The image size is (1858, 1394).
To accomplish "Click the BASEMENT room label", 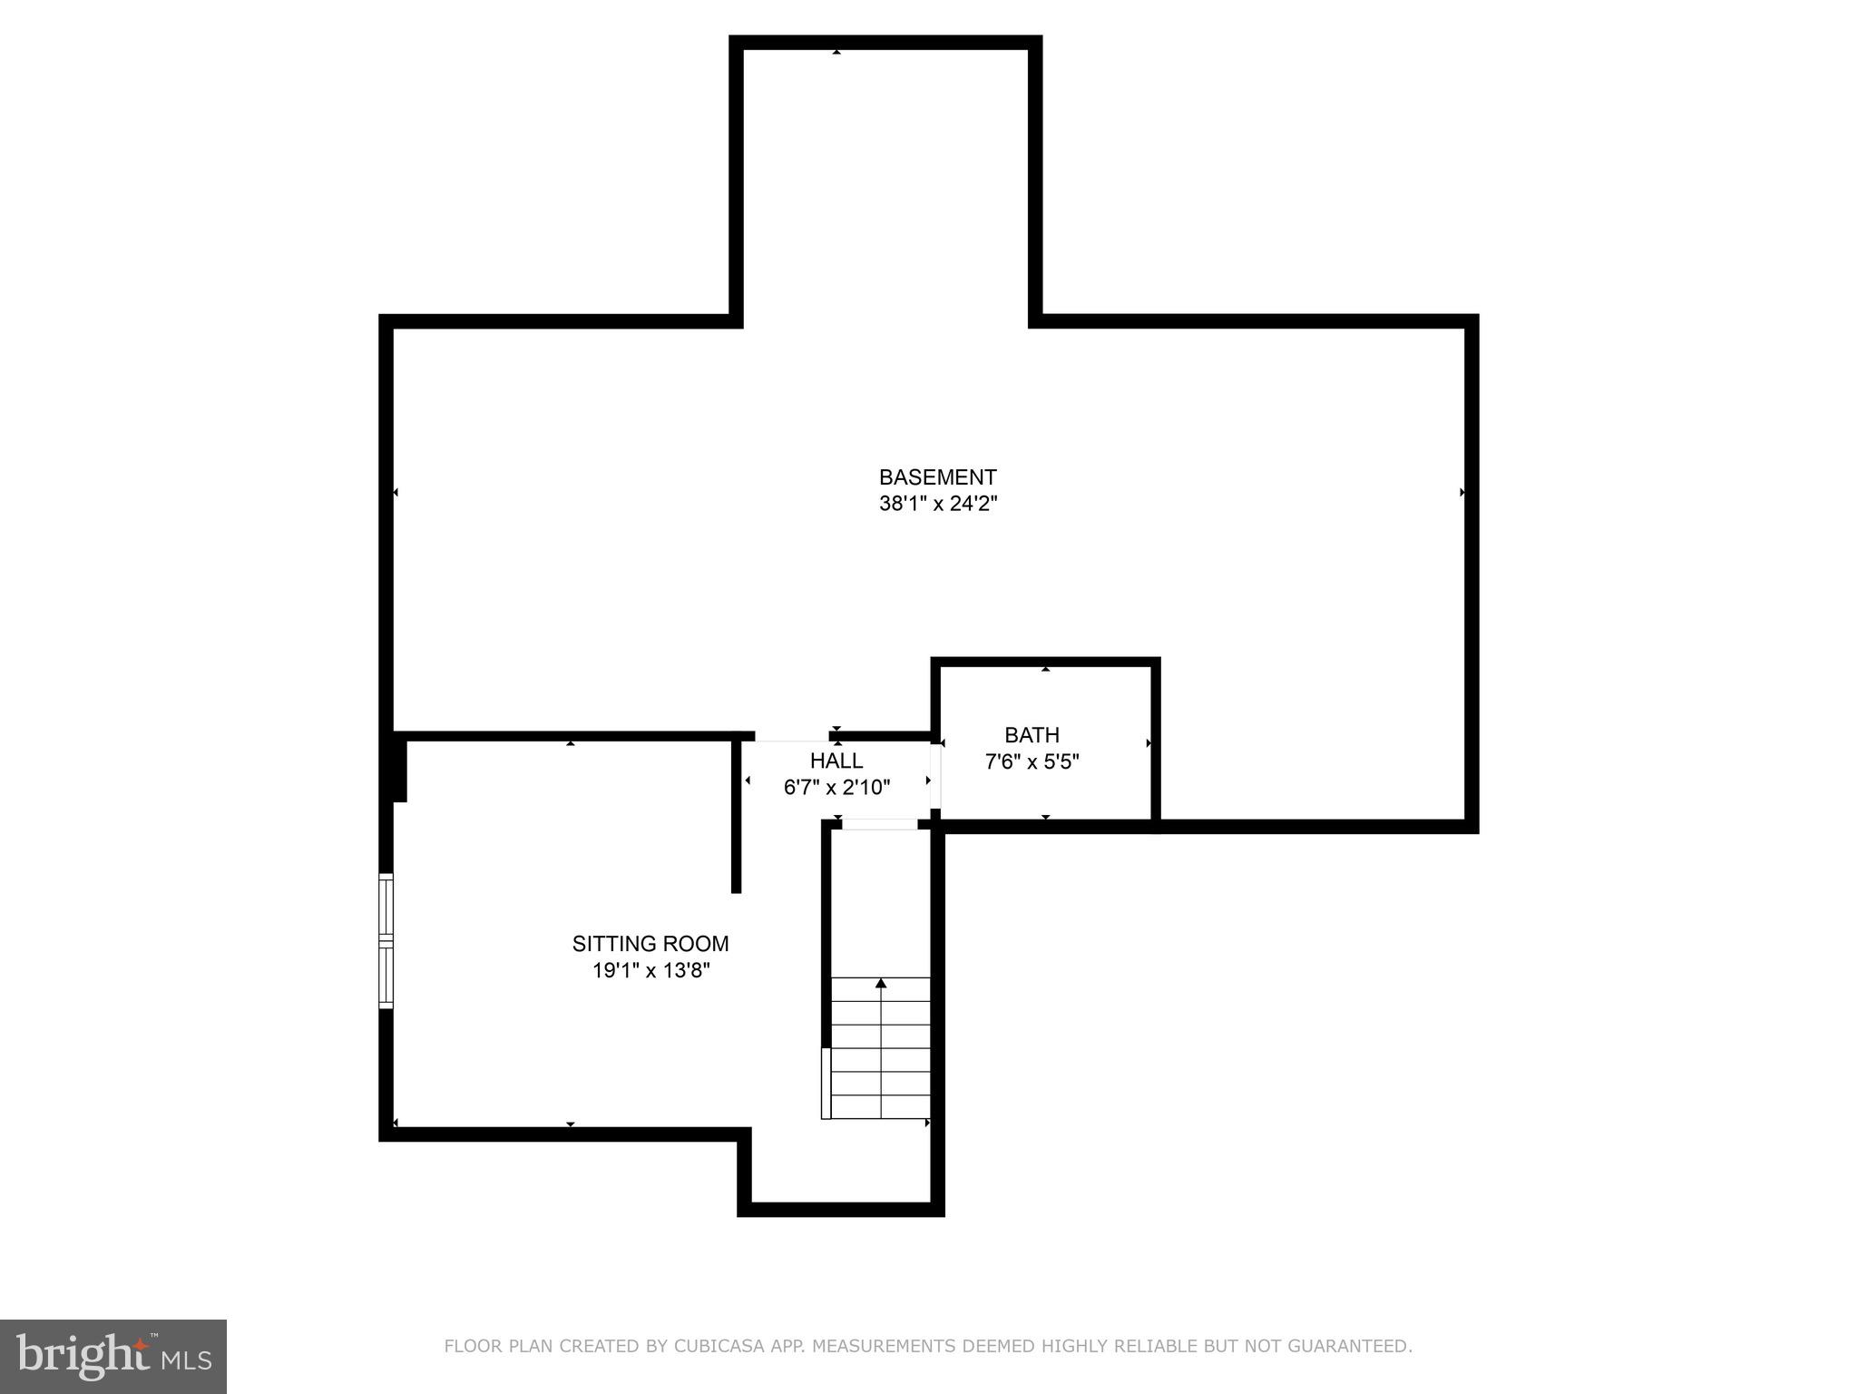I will [x=937, y=477].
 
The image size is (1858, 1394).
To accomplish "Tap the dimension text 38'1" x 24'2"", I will [x=937, y=504].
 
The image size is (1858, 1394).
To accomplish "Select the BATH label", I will [x=1032, y=735].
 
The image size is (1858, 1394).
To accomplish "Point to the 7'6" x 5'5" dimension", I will [x=1032, y=761].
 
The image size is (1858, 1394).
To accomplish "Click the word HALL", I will [x=836, y=761].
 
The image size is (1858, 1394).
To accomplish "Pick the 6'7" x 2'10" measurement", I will [x=836, y=787].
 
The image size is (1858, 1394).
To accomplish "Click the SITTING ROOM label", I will [x=650, y=944].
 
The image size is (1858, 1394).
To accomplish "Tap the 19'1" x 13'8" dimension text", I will [x=650, y=970].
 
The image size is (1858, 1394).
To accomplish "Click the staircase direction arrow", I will [x=881, y=983].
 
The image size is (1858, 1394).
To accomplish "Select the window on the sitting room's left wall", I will [x=386, y=940].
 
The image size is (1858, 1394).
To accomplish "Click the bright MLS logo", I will [x=112, y=1356].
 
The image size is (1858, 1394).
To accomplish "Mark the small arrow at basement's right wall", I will [x=1462, y=493].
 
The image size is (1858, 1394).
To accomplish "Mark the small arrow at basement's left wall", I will [x=396, y=493].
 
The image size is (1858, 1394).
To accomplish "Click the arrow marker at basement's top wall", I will [x=836, y=53].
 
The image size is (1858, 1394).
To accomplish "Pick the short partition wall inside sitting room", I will [x=737, y=817].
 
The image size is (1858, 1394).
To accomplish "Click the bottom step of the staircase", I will [x=881, y=1107].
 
